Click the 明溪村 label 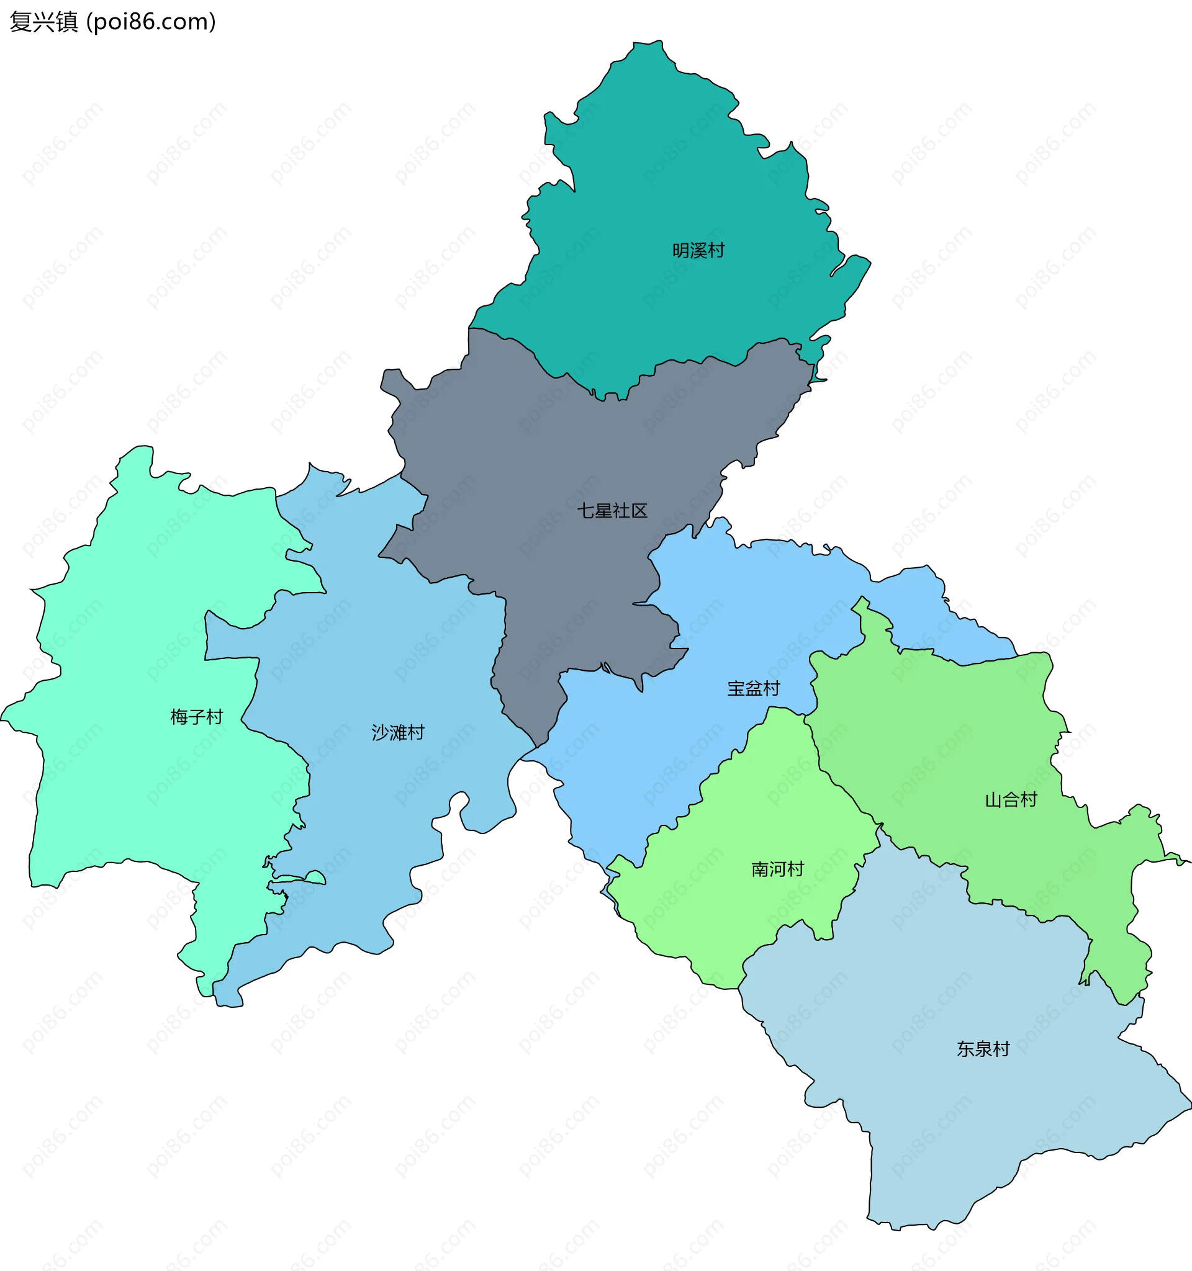coord(698,251)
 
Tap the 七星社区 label coord(612,511)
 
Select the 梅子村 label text coord(196,717)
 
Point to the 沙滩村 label coord(398,733)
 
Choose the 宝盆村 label coord(753,689)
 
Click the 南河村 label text coord(777,869)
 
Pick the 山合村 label coord(1010,800)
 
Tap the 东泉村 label coord(983,1049)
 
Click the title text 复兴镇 coord(43,22)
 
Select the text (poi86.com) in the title coord(151,22)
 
